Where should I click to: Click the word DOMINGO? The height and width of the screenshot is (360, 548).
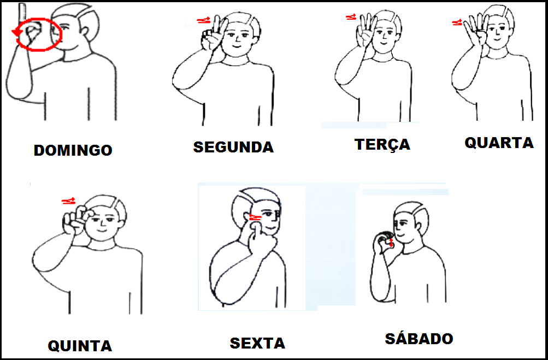point(73,150)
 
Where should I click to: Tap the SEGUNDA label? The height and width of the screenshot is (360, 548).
point(233,147)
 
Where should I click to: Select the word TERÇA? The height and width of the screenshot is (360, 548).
point(382,144)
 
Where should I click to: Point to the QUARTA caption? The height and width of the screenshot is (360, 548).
point(499,143)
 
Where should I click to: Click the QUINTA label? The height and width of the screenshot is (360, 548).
point(80,346)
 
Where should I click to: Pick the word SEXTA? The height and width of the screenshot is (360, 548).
point(257,343)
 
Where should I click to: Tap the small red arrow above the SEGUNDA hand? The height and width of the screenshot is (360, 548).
point(204,21)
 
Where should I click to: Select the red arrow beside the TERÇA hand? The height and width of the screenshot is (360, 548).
point(351,16)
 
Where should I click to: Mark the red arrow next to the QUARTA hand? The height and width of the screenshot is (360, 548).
point(457,23)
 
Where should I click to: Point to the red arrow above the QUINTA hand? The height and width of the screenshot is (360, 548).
point(68,201)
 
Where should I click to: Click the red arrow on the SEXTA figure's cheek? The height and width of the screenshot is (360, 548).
point(256,217)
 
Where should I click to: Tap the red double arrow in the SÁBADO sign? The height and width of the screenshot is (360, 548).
point(391,243)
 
